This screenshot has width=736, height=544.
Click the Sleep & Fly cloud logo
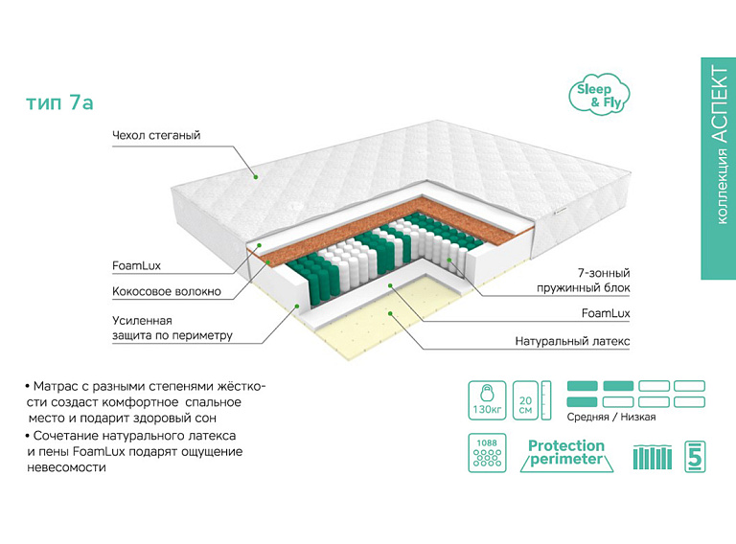(x=593, y=94)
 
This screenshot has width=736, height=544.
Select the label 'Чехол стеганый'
(x=155, y=136)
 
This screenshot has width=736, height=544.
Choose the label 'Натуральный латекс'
(x=572, y=341)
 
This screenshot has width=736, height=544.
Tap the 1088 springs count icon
(x=487, y=454)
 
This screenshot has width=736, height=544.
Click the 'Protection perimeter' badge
(x=566, y=454)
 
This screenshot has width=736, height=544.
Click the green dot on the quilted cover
(x=256, y=176)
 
